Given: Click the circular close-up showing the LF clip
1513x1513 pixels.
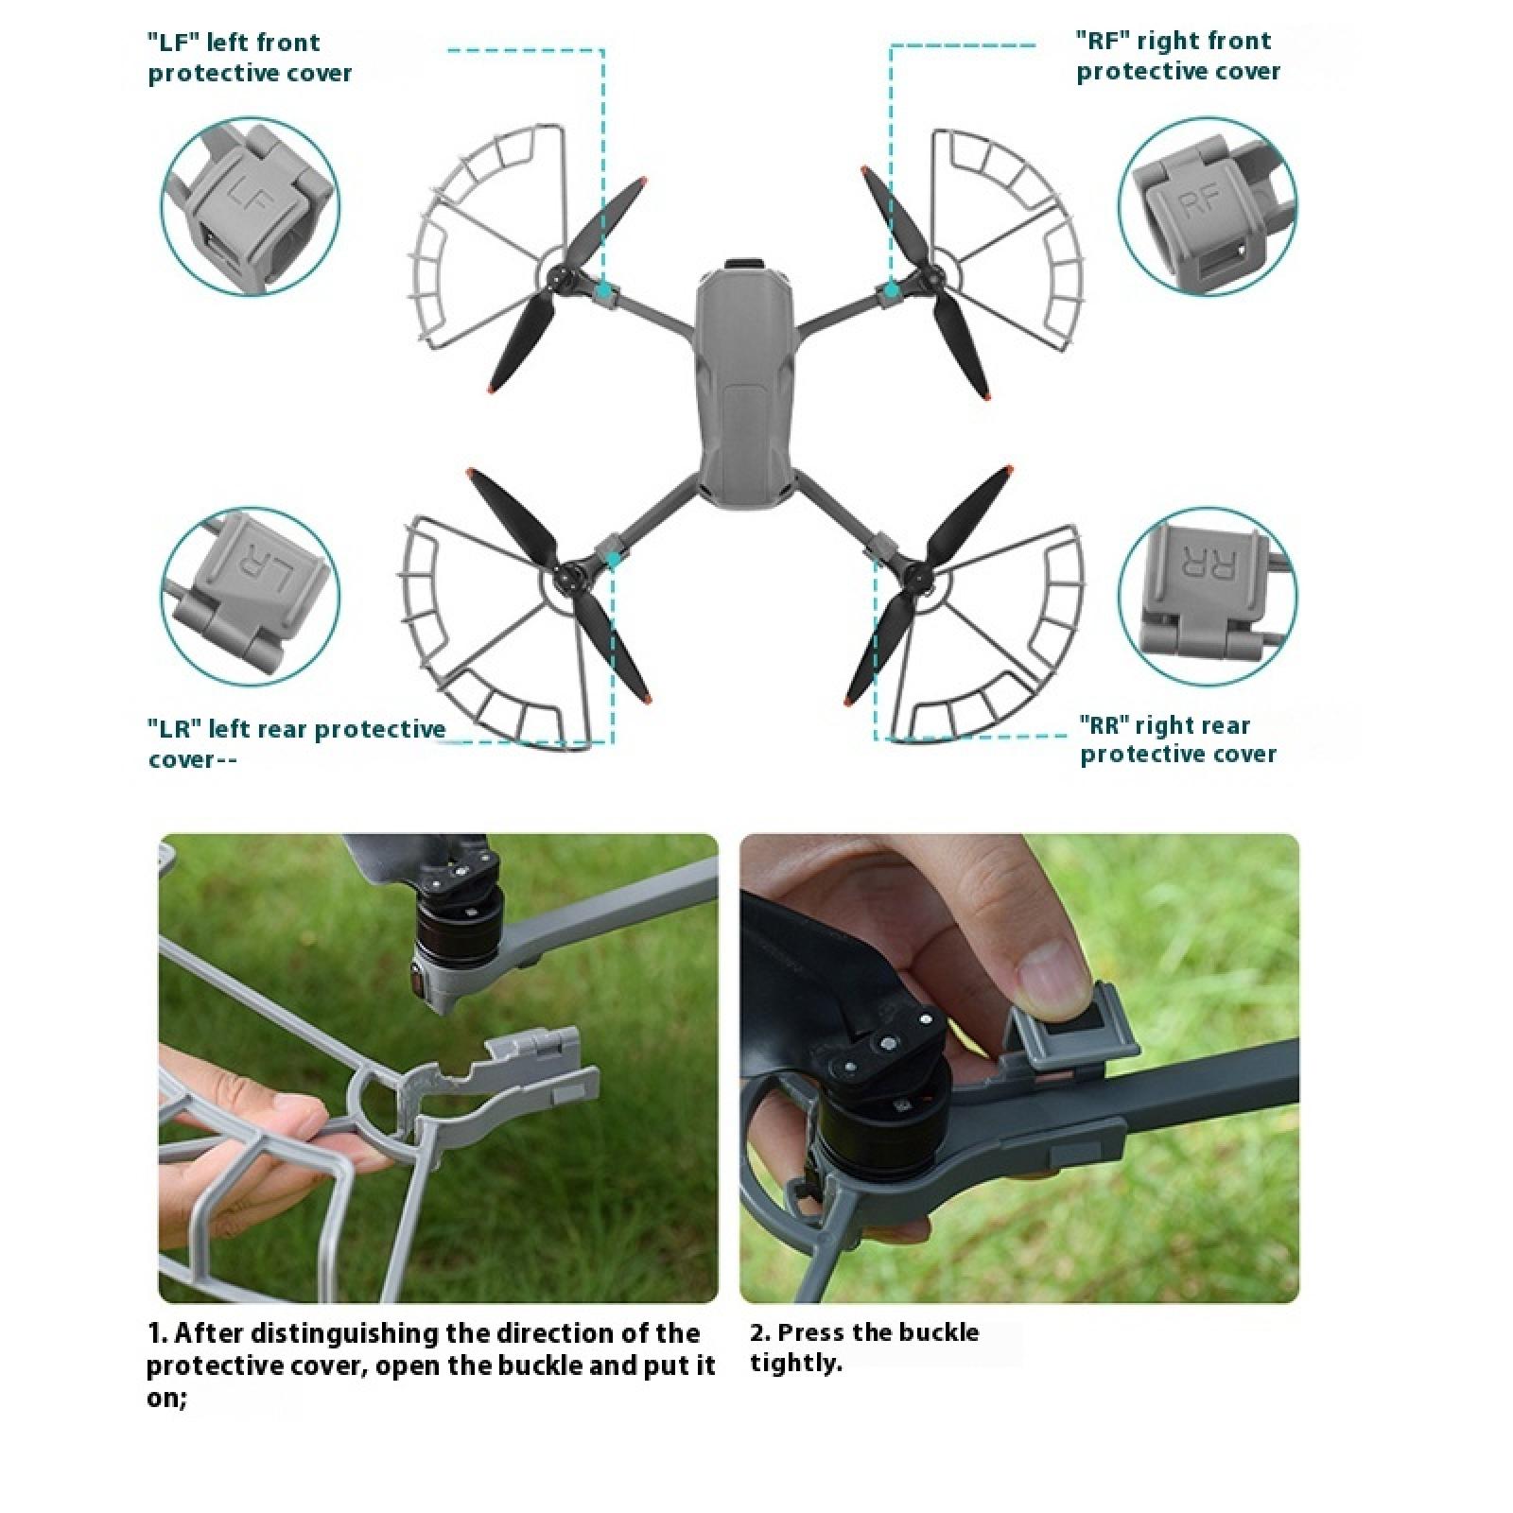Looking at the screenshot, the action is pyautogui.click(x=250, y=206).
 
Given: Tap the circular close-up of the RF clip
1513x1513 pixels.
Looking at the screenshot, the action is pyautogui.click(x=1208, y=206).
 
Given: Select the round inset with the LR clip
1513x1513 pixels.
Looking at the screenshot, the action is pyautogui.click(x=250, y=596).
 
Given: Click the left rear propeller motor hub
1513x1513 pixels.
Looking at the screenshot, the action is pyautogui.click(x=569, y=574).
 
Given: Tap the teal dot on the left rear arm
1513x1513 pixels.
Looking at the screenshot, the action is pyautogui.click(x=613, y=561).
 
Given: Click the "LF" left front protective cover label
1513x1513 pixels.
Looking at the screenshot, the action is pyautogui.click(x=251, y=58).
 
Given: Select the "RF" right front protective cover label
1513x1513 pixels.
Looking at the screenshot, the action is pyautogui.click(x=1178, y=56).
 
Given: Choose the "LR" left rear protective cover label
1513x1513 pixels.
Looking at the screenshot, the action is pyautogui.click(x=296, y=743).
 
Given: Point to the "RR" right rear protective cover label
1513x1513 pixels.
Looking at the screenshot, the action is pyautogui.click(x=1178, y=739).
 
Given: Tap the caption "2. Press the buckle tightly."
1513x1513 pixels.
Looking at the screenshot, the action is pyautogui.click(x=864, y=1347).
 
